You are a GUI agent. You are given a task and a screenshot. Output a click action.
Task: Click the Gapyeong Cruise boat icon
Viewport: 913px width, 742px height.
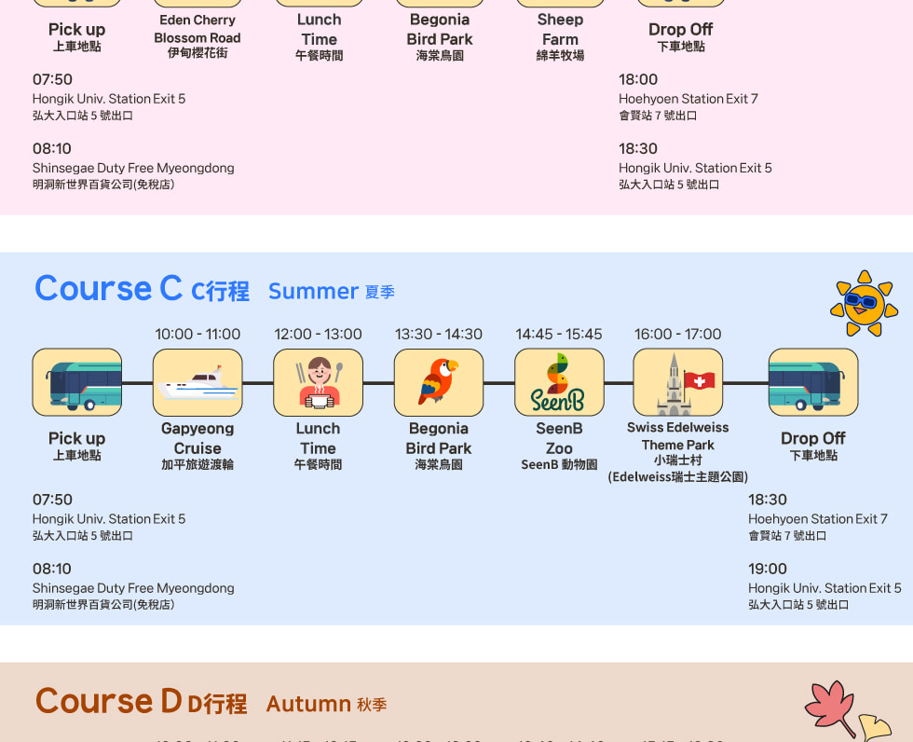[198, 383]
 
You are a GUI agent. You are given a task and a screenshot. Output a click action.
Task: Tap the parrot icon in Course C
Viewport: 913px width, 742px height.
[439, 383]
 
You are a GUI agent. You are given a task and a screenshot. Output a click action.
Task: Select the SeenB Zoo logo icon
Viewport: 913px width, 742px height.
[559, 383]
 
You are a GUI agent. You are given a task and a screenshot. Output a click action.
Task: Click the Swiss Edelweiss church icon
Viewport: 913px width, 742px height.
[677, 383]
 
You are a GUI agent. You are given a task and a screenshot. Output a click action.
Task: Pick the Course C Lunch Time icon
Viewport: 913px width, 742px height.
[318, 383]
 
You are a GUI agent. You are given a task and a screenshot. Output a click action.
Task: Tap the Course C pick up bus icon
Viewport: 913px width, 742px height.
[77, 383]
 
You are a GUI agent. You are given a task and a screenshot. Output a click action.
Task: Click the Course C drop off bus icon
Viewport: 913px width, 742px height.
[812, 383]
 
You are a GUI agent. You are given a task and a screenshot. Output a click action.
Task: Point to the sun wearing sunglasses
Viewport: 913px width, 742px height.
[864, 303]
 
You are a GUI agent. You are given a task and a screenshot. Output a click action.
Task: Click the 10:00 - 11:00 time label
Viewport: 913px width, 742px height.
[198, 334]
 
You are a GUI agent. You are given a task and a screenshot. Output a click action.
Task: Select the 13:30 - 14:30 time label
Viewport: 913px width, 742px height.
[439, 334]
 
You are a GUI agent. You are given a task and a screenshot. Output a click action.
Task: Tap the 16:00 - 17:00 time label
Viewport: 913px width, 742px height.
[677, 334]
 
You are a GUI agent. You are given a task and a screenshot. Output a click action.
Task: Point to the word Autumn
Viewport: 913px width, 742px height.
[308, 704]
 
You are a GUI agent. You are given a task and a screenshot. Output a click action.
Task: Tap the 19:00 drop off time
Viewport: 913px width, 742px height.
[768, 569]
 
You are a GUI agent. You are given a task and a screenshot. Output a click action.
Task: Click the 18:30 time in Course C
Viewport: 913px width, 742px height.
[768, 500]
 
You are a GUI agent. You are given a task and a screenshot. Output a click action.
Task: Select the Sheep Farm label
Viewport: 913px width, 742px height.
[560, 30]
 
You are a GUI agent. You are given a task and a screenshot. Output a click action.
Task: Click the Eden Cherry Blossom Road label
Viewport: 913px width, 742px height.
[198, 29]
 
